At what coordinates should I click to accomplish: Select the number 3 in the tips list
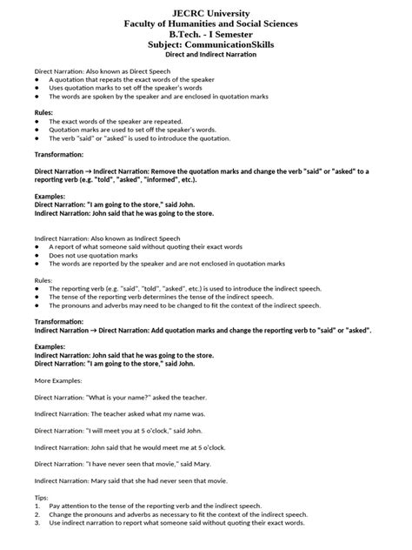pos(37,524)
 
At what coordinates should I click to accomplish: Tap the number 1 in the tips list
pos(37,505)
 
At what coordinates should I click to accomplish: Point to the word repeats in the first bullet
pos(106,78)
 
